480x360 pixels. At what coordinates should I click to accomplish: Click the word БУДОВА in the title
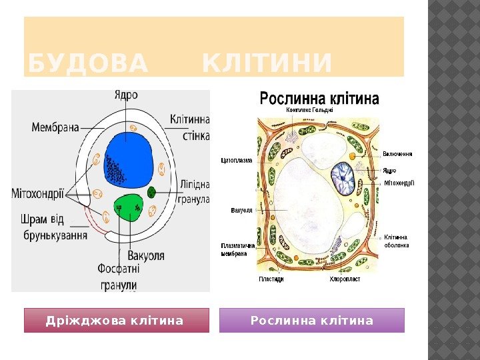[87, 64]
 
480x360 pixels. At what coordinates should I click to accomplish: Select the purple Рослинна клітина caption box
[312, 321]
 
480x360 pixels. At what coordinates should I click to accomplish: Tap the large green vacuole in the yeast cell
[129, 207]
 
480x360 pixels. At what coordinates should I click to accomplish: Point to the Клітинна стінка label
[190, 127]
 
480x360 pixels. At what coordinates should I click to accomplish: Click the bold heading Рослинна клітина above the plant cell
[319, 99]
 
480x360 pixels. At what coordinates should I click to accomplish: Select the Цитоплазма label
[237, 160]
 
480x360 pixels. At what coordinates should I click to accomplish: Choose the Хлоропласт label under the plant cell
[345, 279]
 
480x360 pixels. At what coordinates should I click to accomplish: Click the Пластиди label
[271, 279]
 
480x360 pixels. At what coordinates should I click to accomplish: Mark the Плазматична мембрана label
[238, 249]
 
